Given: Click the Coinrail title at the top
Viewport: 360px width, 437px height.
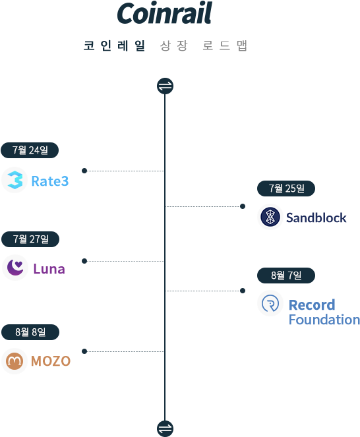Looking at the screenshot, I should [164, 13].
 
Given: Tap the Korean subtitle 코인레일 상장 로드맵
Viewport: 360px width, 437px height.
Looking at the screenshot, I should [165, 46].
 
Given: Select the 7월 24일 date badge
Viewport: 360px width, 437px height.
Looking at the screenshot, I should [30, 150].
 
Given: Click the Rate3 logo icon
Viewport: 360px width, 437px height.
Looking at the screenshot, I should [15, 180].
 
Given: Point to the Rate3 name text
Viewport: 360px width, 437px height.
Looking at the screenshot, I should [49, 181].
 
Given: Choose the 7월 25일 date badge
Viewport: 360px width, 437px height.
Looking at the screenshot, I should [286, 189].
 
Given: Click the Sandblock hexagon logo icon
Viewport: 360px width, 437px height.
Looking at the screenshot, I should [270, 217].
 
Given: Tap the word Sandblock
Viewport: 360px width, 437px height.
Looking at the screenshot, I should [316, 218].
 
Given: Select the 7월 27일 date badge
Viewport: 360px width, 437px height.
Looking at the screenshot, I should [30, 239].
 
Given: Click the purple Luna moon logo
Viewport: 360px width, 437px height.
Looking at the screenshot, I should [15, 268].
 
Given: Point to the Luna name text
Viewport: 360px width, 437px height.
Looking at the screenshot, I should [49, 269].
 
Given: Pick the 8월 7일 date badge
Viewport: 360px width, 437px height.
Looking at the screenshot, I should [286, 276].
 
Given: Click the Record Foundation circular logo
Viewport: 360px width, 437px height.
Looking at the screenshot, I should [270, 303].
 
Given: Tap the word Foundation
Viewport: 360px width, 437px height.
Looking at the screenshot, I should [324, 320].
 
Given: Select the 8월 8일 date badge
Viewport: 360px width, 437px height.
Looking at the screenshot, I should [30, 332].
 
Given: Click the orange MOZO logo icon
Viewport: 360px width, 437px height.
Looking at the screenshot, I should [15, 361].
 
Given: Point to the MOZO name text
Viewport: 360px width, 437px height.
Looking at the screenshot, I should [51, 361].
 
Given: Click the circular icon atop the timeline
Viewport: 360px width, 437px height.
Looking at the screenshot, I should [165, 86].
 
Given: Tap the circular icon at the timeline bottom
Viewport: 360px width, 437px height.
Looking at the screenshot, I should [165, 427].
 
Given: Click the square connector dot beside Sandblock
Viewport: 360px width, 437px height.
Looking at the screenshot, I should [243, 206].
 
